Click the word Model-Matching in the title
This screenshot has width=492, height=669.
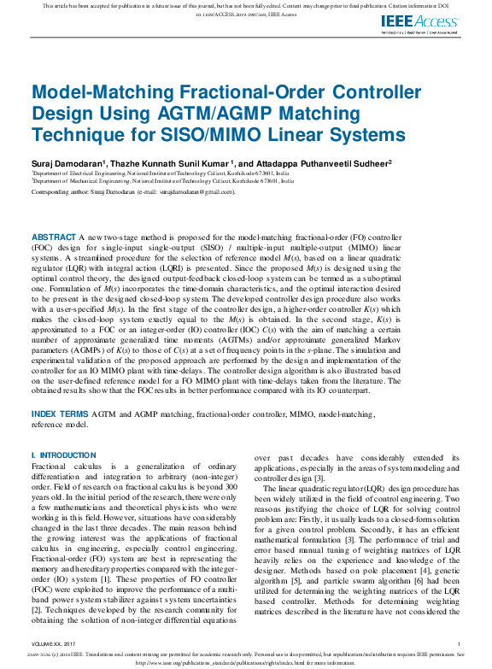tap(87, 93)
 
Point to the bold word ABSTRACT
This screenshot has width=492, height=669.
tap(53, 236)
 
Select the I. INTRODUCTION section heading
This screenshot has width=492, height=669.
tap(64, 455)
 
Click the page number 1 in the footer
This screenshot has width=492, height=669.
tap(459, 643)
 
